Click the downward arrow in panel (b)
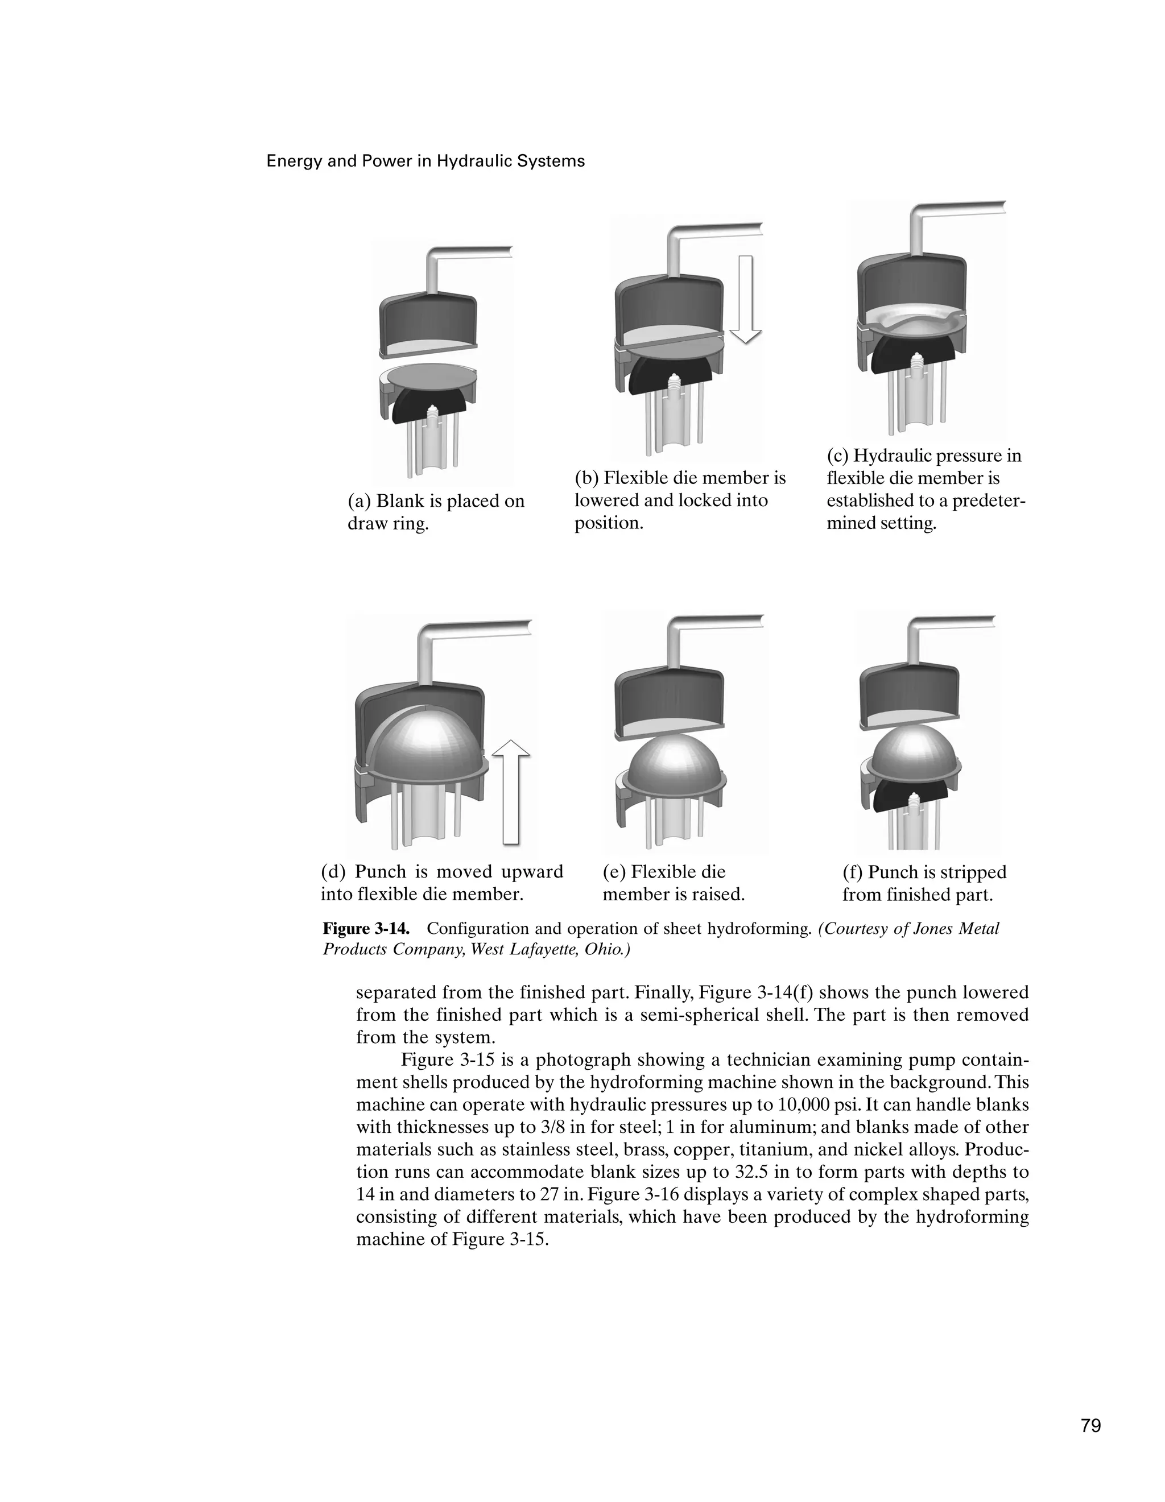click(x=746, y=299)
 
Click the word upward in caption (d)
click(x=532, y=872)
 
